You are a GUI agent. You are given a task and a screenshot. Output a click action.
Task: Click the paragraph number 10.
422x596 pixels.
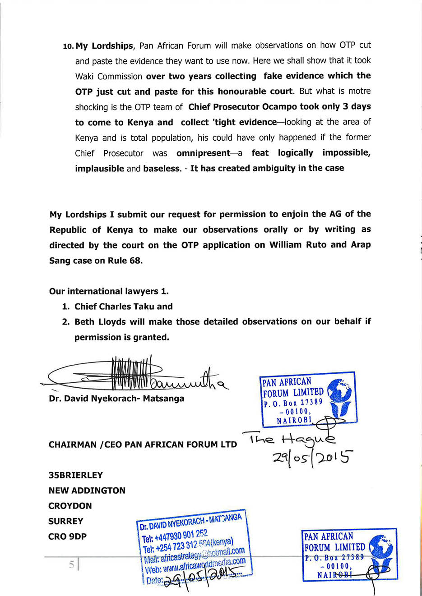68,46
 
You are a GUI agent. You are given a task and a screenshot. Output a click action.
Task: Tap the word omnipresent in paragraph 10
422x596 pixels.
203,153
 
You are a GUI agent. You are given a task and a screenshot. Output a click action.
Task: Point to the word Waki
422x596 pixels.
84,76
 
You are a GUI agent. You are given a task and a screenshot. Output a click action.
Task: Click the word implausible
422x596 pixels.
99,169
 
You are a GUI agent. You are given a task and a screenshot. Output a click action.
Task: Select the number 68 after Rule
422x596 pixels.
135,261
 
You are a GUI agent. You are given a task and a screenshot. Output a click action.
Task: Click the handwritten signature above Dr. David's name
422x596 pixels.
135,374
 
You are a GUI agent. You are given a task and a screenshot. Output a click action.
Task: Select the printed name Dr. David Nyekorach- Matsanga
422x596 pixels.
116,399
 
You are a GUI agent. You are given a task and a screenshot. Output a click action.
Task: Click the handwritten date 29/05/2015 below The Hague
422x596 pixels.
312,457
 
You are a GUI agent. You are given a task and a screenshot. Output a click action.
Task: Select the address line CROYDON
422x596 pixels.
70,506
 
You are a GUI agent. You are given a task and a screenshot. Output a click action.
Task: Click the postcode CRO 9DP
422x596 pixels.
67,536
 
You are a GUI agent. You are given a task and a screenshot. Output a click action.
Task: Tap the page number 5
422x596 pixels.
71,564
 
